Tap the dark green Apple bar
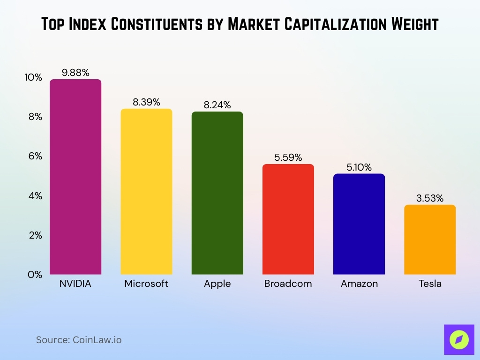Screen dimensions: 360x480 pyautogui.click(x=217, y=193)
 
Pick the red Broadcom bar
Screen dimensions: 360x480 pyautogui.click(x=288, y=219)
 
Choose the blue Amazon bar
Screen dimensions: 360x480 pyautogui.click(x=359, y=224)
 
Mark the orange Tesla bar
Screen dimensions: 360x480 pyautogui.click(x=429, y=240)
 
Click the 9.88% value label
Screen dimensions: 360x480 pyautogui.click(x=75, y=72)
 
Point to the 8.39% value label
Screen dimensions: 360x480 pyautogui.click(x=146, y=102)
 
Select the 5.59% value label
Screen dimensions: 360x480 pyautogui.click(x=288, y=157)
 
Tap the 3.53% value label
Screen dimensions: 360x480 pyautogui.click(x=429, y=198)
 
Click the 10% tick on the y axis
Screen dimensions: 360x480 pyautogui.click(x=33, y=77)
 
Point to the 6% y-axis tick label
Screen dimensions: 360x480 pyautogui.click(x=35, y=156)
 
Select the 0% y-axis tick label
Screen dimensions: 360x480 pyautogui.click(x=35, y=275)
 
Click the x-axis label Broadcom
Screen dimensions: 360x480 pyautogui.click(x=288, y=284)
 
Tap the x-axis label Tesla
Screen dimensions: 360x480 pyautogui.click(x=429, y=284)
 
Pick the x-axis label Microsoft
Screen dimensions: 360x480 pyautogui.click(x=146, y=284)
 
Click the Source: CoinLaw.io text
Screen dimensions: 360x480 pyautogui.click(x=79, y=340)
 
